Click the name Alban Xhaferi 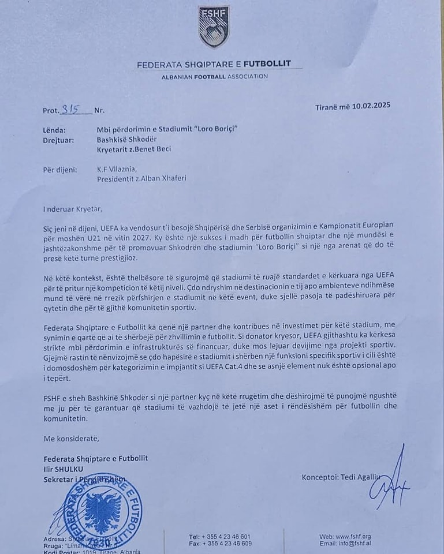coord(167,178)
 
